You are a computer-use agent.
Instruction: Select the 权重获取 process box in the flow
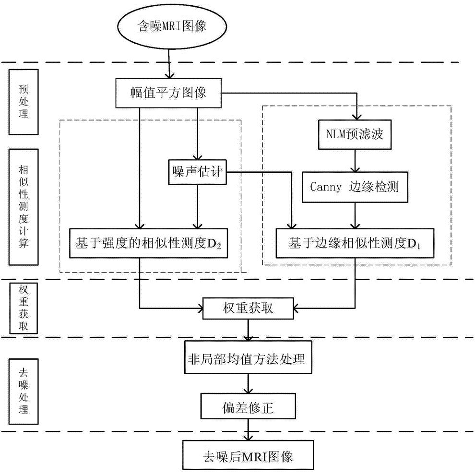point(247,308)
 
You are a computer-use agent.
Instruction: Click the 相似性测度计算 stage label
point(23,206)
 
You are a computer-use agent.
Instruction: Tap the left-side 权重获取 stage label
point(23,308)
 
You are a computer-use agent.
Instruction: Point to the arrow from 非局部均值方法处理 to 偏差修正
point(248,383)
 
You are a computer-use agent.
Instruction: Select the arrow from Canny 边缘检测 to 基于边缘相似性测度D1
point(355,214)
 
